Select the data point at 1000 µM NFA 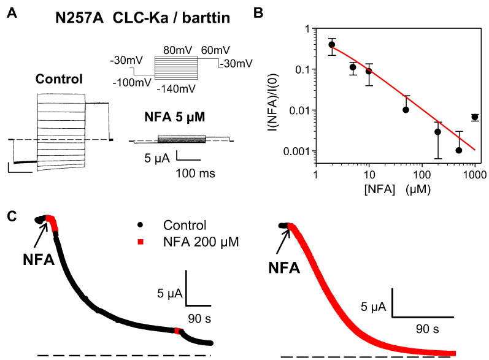click(475, 117)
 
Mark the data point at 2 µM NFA click(332, 44)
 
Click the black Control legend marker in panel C click(141, 225)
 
